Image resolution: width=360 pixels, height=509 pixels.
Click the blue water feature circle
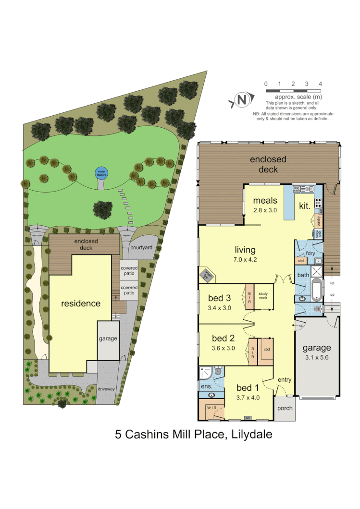101,172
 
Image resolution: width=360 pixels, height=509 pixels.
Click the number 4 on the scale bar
320,84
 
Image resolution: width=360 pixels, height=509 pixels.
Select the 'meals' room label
266,200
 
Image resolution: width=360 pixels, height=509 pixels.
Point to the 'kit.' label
304,206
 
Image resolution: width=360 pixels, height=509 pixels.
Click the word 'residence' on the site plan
81,303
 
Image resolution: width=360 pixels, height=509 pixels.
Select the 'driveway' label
106,388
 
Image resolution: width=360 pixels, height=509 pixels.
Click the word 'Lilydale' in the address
252,435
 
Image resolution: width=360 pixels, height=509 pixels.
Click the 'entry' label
285,380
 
